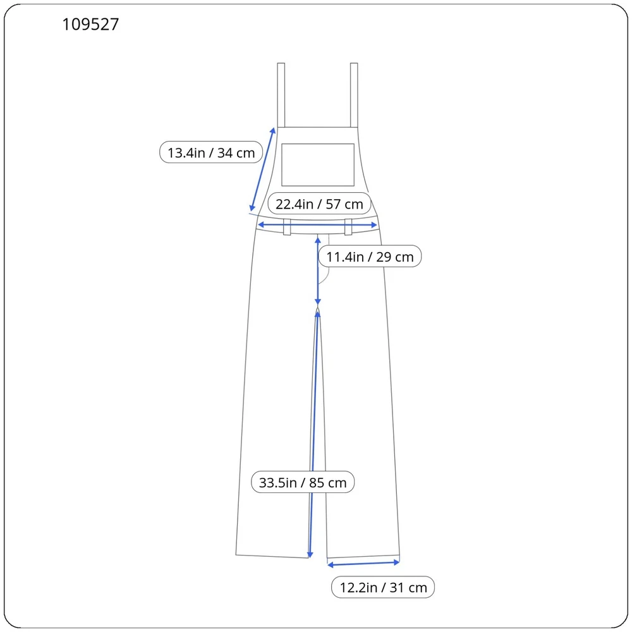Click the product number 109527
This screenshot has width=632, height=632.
[90, 25]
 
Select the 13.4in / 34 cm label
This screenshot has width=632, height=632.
[211, 152]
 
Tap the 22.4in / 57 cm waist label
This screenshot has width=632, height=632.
[319, 204]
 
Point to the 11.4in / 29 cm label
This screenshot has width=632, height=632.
[370, 257]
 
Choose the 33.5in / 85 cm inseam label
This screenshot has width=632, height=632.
[303, 482]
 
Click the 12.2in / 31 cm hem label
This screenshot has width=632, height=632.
[383, 587]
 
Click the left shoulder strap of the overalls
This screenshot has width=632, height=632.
[281, 95]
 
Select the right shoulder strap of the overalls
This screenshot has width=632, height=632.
[354, 95]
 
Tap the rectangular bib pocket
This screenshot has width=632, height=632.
[318, 165]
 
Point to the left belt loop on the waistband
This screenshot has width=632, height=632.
[287, 227]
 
